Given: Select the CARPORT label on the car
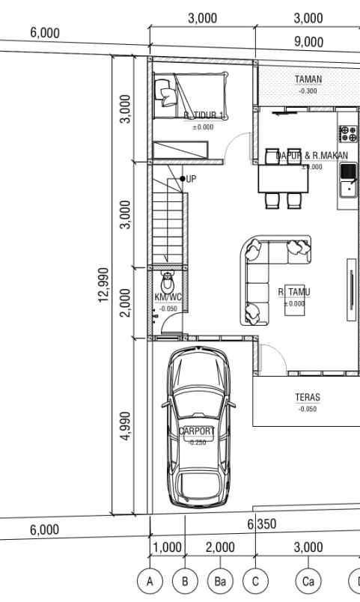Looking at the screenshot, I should point(197,431).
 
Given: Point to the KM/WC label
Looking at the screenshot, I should point(168,297).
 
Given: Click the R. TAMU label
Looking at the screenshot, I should point(294,291).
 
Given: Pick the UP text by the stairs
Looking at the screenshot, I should point(192,179).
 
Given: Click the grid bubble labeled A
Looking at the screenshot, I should point(150,580).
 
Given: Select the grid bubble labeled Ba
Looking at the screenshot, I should point(220,580).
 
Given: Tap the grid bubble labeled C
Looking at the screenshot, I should point(256,580).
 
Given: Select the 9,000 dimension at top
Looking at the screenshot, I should point(308,42).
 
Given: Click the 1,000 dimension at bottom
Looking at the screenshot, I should point(167,548).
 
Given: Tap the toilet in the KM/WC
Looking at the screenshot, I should point(168,283).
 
